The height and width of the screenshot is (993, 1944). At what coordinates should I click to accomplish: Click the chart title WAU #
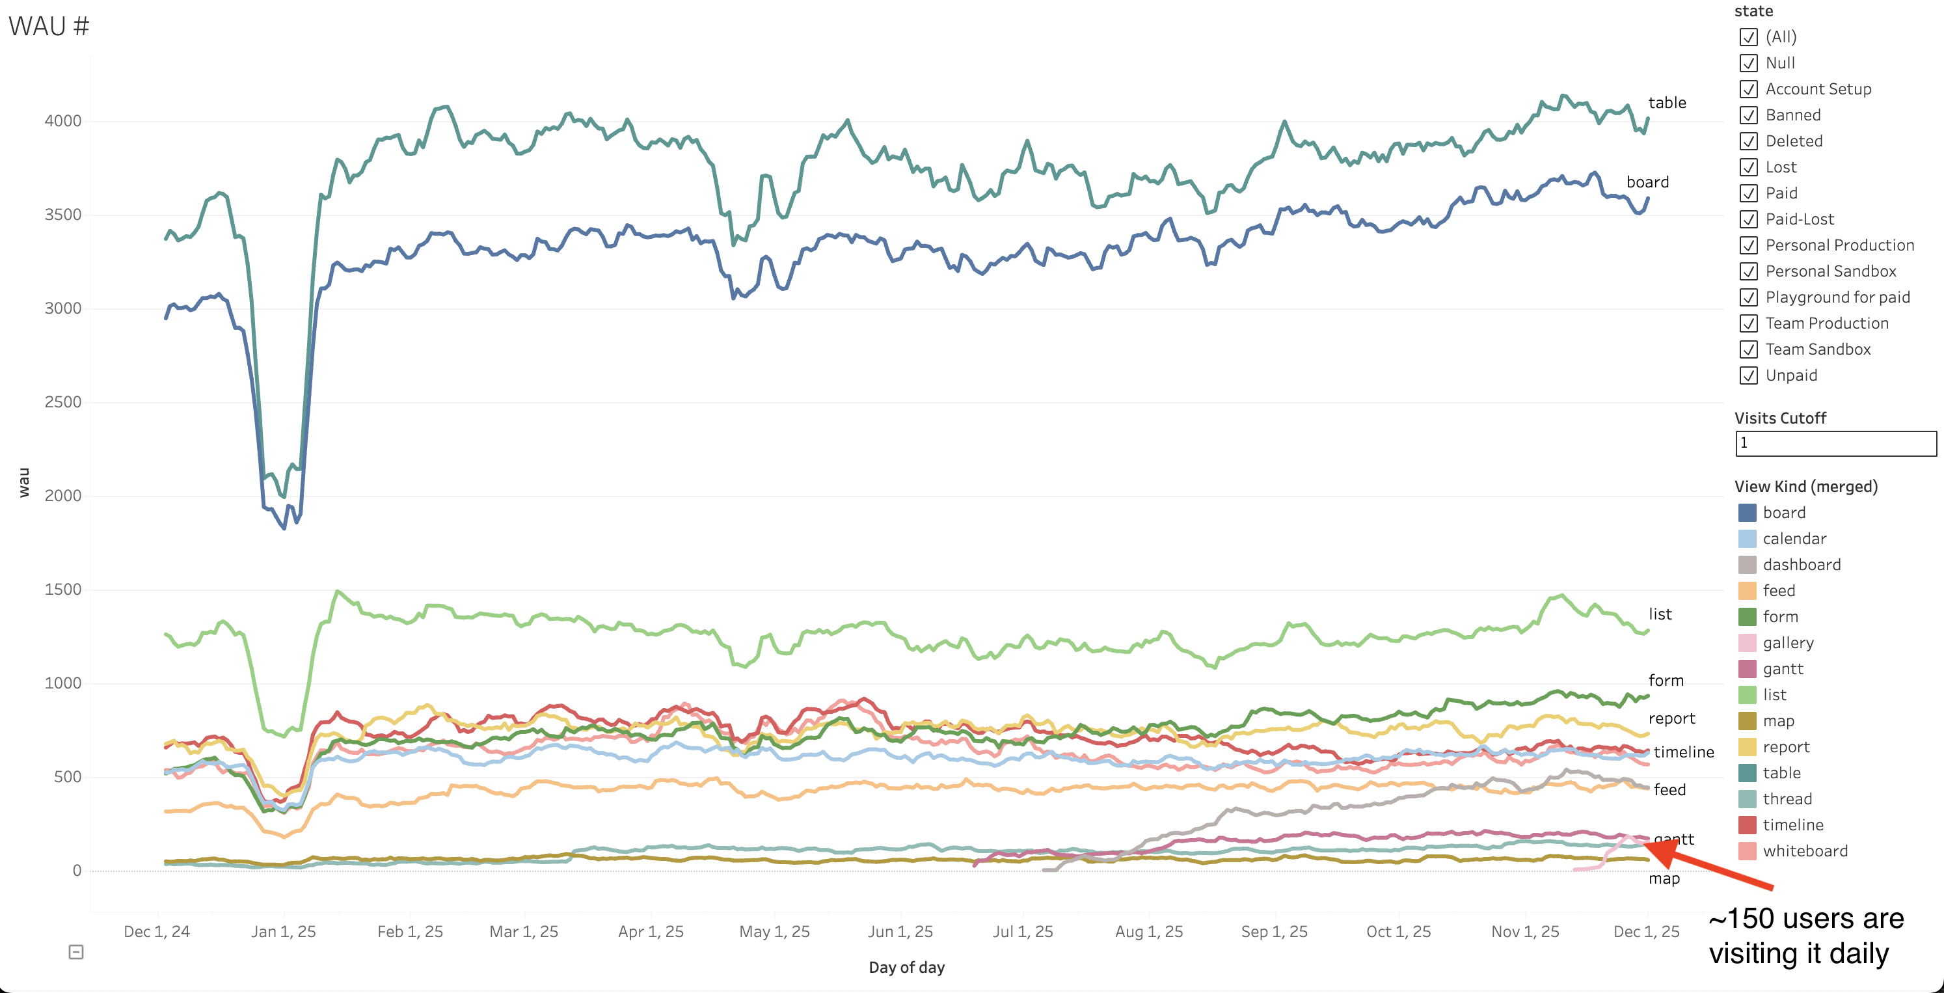point(49,27)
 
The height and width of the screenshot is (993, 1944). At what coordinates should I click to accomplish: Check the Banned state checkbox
point(1749,115)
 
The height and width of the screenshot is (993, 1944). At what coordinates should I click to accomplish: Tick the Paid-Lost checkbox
point(1749,219)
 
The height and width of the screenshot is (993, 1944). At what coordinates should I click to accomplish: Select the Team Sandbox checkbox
point(1749,349)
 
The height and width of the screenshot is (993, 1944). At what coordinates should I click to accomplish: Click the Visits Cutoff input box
point(1835,444)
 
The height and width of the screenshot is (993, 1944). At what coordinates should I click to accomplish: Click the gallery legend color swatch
point(1747,643)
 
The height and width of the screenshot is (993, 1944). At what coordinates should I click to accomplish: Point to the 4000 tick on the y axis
point(62,121)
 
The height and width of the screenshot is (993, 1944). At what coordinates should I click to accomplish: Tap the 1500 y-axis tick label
point(62,590)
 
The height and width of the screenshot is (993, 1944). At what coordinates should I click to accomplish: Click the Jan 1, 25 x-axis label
point(283,932)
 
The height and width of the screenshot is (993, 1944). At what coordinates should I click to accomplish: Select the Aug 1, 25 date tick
point(1148,932)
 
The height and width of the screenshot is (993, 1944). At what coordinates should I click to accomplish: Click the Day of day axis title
point(906,968)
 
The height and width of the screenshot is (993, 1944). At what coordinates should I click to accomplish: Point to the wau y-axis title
point(23,483)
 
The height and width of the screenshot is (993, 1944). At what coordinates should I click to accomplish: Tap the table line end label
point(1666,103)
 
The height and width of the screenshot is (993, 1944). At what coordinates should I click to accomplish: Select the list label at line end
point(1660,614)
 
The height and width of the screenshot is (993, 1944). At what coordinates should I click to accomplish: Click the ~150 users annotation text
point(1805,936)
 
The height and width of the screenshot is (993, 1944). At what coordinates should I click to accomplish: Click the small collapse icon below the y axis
point(76,952)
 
